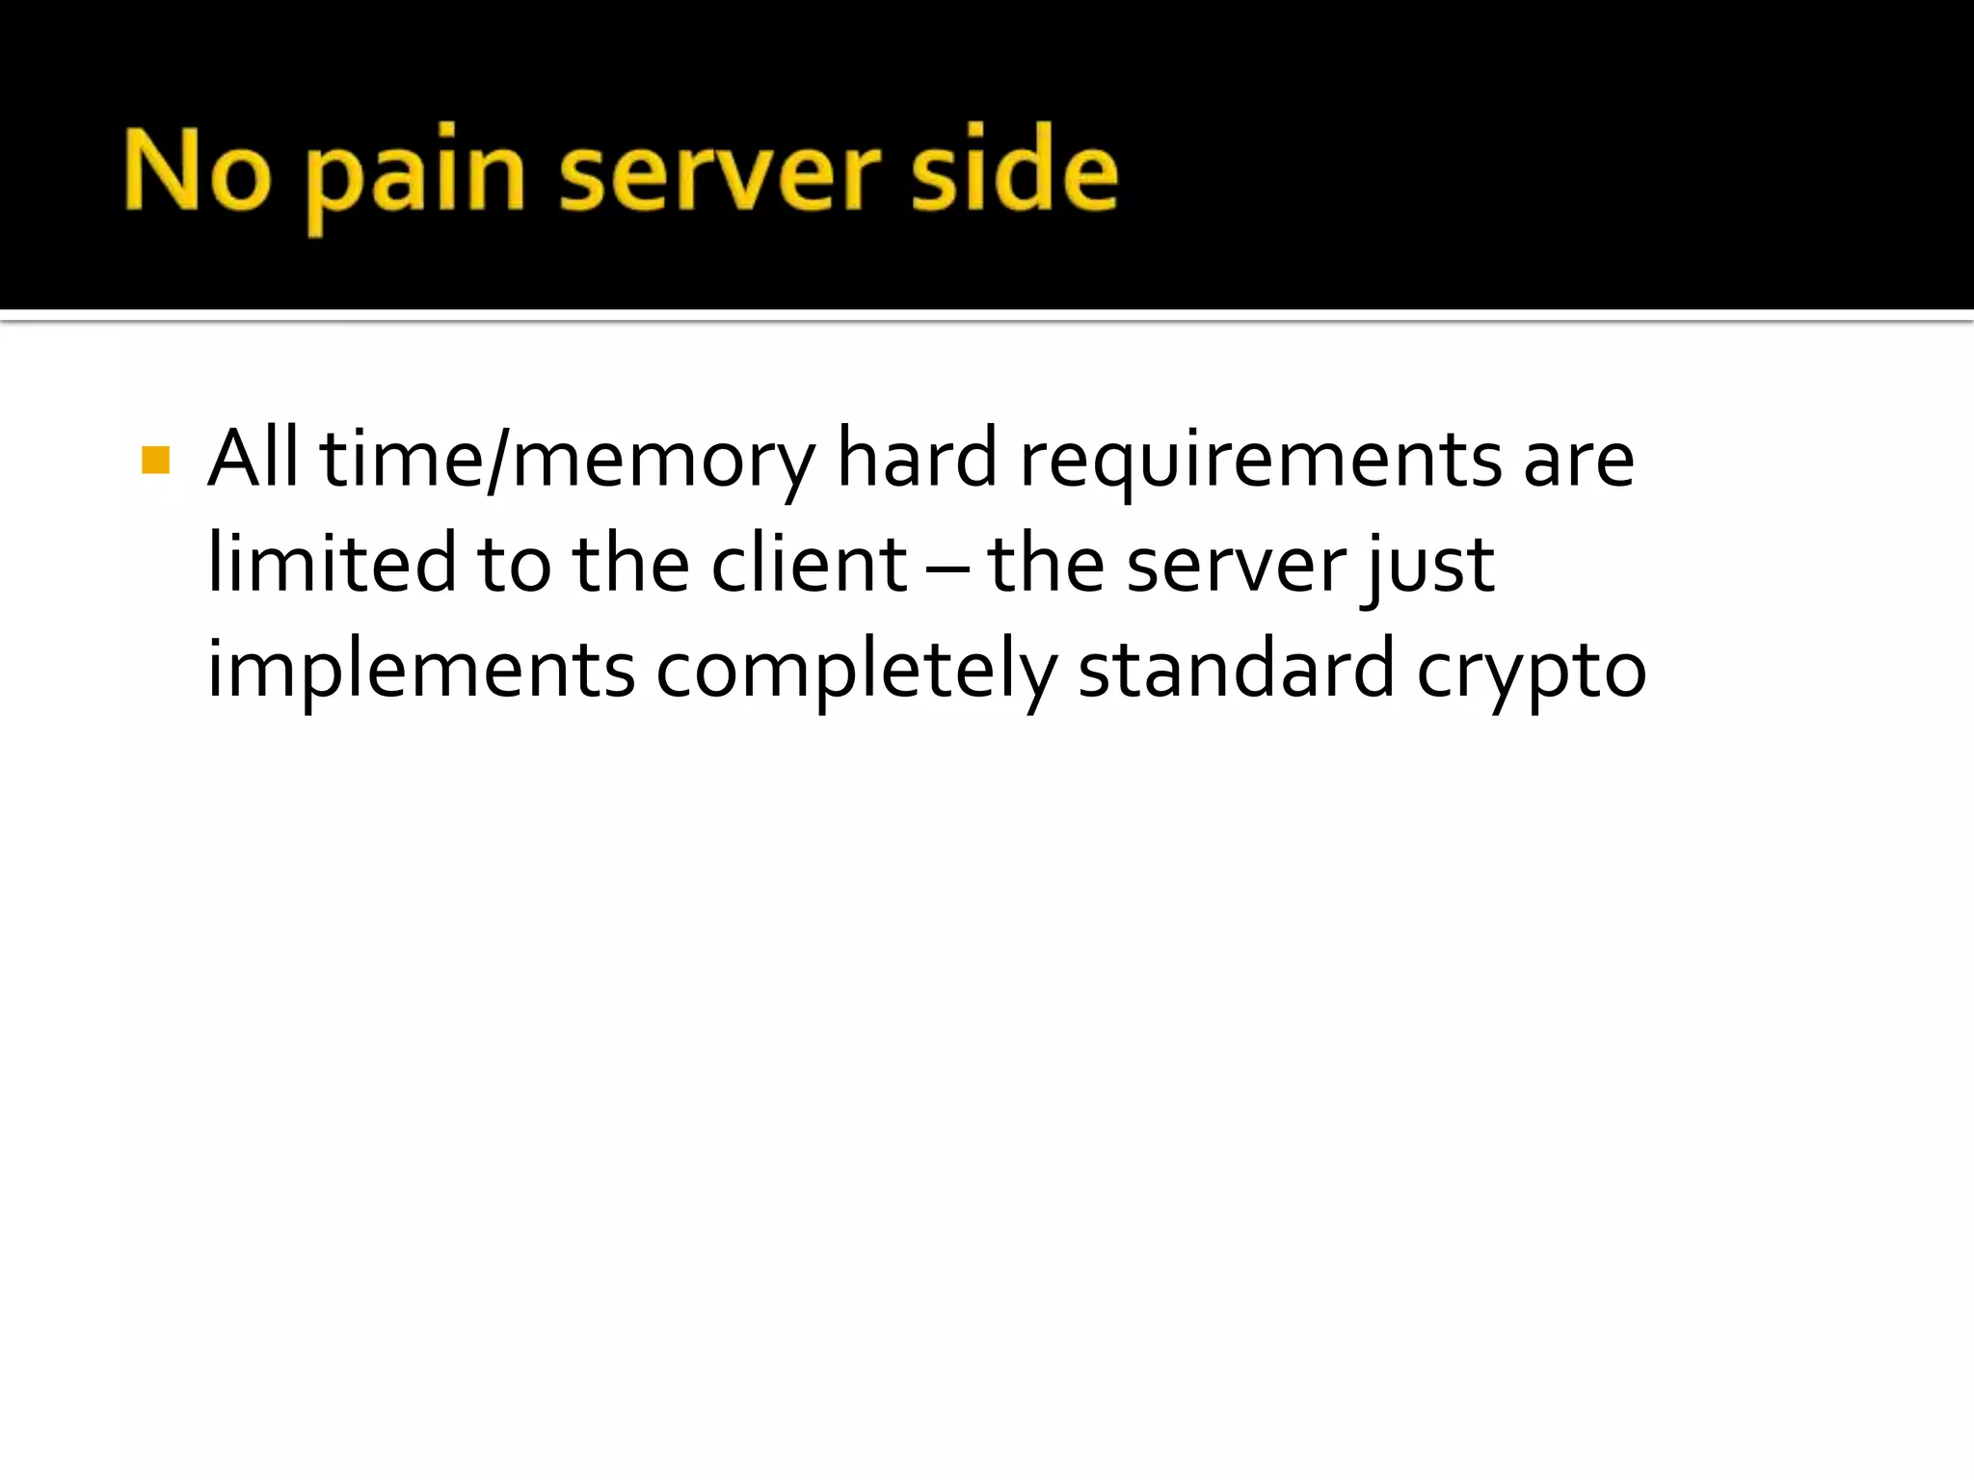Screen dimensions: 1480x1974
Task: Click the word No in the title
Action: tap(198, 172)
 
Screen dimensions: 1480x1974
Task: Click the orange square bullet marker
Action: tap(155, 460)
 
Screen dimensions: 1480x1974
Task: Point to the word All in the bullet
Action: tap(253, 458)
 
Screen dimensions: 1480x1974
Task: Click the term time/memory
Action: tap(567, 460)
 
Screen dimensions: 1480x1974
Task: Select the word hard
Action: tap(916, 458)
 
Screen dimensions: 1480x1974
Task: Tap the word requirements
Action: tap(1260, 460)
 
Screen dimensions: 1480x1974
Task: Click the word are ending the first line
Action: tap(1579, 462)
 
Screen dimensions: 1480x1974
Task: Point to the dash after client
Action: tap(947, 568)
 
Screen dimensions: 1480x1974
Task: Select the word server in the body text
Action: tap(1236, 566)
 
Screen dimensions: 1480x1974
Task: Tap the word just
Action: tap(1427, 566)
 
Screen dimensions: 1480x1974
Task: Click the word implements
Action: tap(421, 671)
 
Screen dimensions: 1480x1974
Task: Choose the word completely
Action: tap(856, 671)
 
